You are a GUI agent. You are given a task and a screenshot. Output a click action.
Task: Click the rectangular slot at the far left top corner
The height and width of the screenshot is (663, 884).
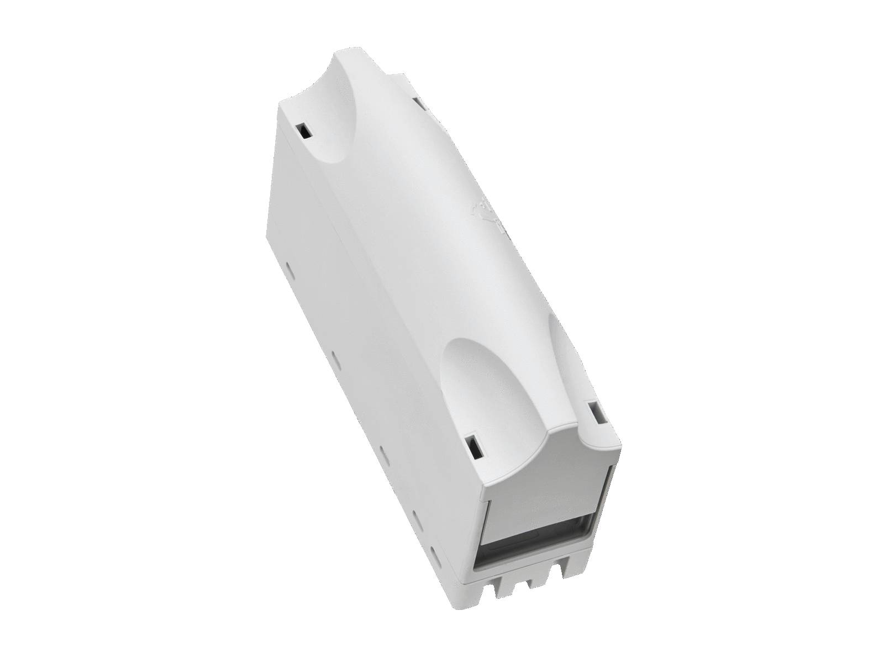[303, 131]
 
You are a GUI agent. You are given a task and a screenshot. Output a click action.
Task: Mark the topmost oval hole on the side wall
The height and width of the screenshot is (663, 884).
[289, 266]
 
